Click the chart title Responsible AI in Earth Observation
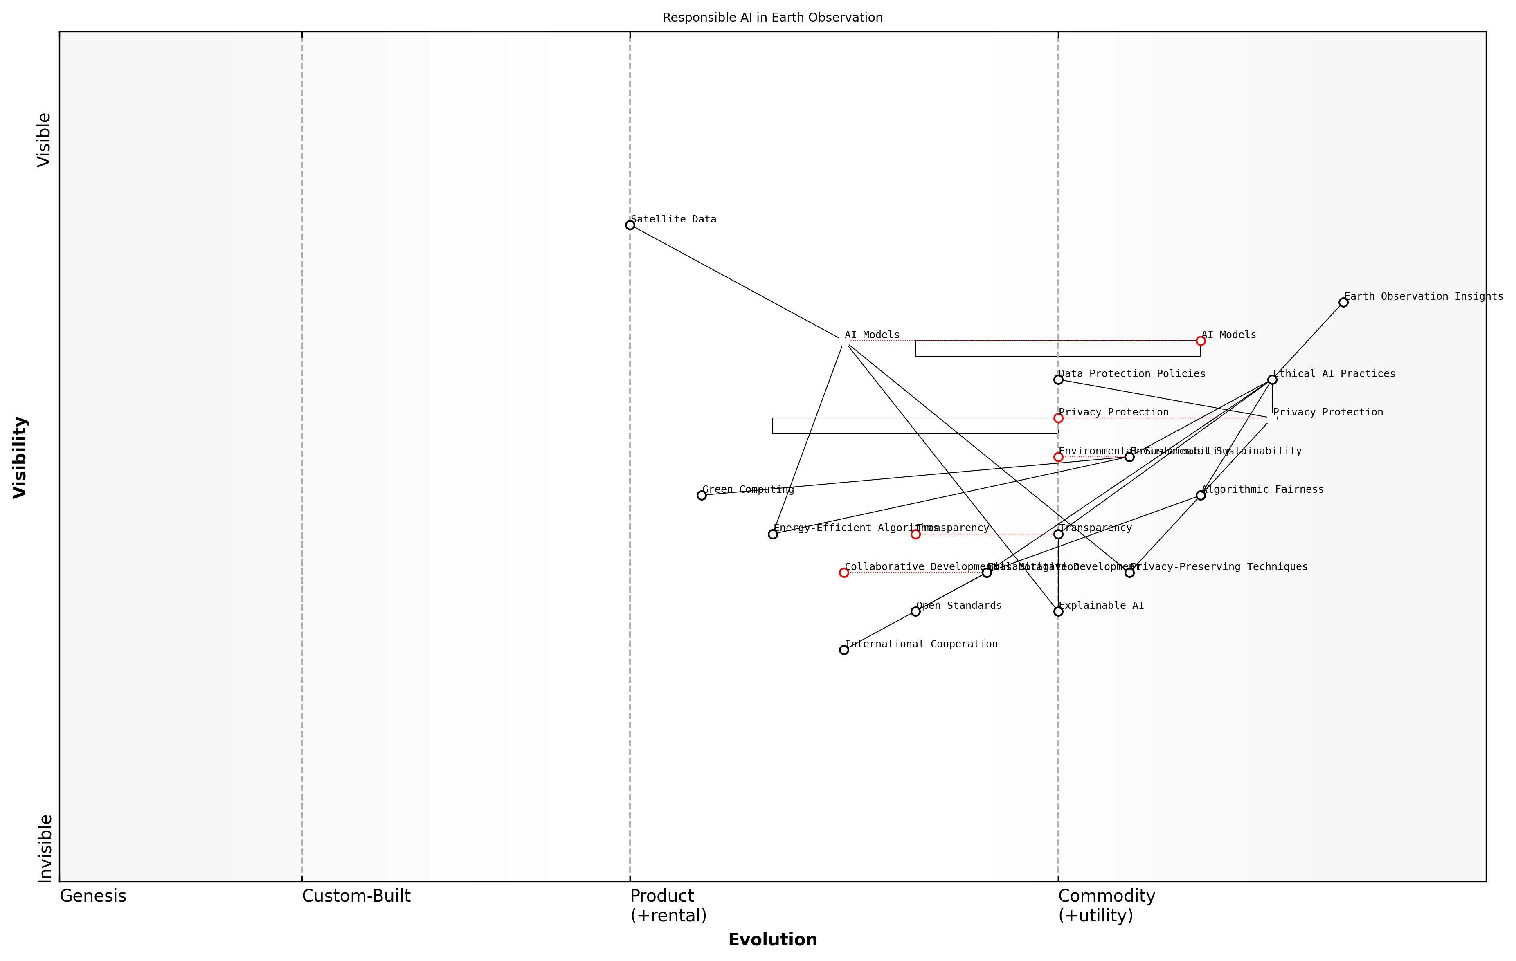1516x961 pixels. coord(772,18)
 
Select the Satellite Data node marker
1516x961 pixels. coord(630,225)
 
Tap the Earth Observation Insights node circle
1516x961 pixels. coord(1343,303)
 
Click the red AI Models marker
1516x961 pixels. coord(1200,341)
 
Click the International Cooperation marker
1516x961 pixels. coord(843,650)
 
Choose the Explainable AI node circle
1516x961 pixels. coord(1058,612)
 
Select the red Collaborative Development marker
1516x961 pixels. coord(843,573)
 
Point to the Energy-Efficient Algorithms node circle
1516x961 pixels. coord(772,534)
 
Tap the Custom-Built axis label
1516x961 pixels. coord(356,896)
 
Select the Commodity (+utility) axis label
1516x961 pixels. coord(1106,906)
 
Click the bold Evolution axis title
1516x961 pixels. coord(772,940)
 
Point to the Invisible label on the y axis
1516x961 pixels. coord(45,849)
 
